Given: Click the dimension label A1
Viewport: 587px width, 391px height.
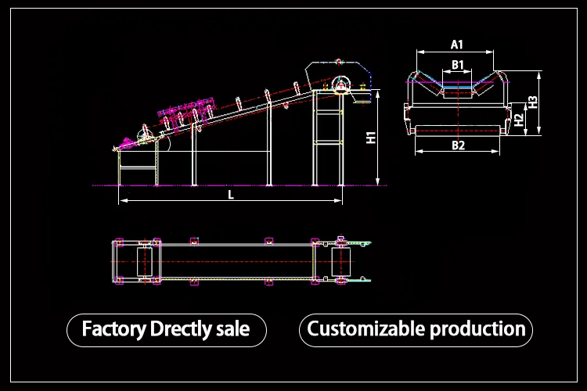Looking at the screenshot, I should [458, 44].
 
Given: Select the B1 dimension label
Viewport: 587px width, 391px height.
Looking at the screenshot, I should [459, 64].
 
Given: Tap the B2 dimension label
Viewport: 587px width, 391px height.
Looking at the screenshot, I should [459, 145].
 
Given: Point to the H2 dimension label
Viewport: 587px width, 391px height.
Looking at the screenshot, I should [518, 120].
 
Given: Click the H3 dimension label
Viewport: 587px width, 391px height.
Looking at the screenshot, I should [532, 101].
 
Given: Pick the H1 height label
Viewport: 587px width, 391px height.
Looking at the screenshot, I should [372, 138].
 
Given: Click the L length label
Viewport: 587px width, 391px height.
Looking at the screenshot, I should [231, 195].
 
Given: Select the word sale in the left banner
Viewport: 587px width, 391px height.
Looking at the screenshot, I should [232, 329].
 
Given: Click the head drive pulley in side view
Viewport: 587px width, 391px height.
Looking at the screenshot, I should [340, 85].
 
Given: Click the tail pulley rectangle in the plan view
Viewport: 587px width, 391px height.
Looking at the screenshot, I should [144, 260].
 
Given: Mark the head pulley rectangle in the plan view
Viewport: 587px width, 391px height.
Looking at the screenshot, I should [341, 260].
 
